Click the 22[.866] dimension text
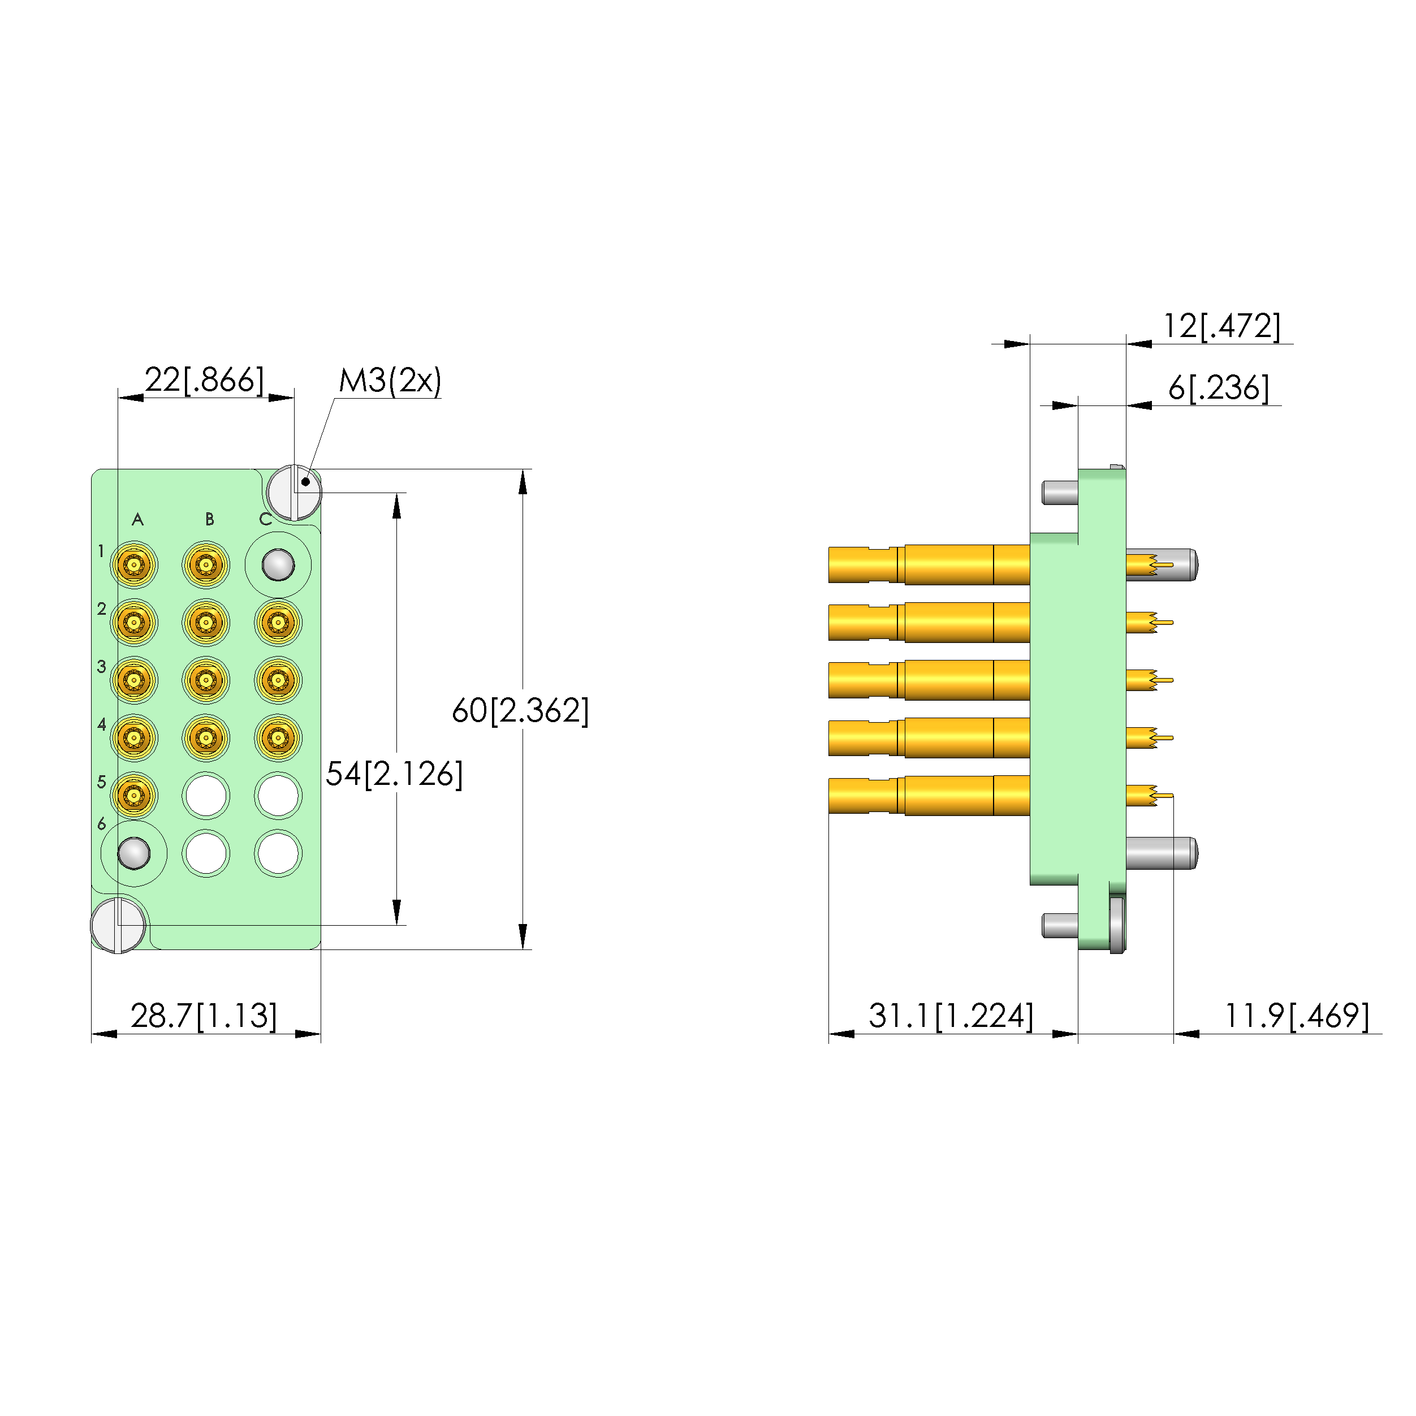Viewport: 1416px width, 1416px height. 204,379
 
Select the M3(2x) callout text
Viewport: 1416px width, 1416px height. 390,381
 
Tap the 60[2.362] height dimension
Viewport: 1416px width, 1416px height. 520,710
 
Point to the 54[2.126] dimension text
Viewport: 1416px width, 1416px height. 394,774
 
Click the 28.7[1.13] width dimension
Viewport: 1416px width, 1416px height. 204,1016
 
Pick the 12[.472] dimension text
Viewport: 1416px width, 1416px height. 1222,326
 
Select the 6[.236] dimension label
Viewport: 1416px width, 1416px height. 1218,388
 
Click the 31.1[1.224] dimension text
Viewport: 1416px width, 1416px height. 951,1016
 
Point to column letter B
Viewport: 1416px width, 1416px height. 210,520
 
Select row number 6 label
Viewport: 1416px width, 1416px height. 102,824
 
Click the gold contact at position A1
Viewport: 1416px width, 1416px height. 134,565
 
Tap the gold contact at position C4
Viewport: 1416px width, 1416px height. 278,737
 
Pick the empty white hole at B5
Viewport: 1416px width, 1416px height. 206,795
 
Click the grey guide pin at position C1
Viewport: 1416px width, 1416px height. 278,565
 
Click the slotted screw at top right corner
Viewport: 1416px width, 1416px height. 294,493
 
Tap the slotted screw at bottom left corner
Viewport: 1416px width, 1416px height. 118,925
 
